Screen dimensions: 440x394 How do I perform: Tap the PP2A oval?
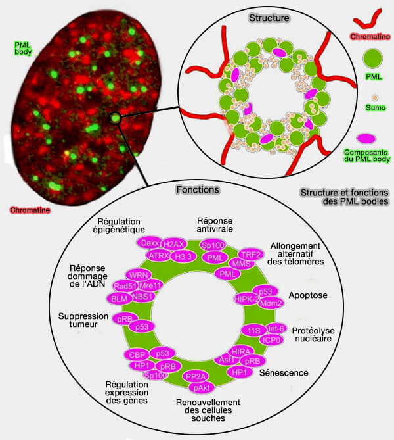click(x=197, y=376)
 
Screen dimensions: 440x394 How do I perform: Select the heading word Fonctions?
click(x=198, y=189)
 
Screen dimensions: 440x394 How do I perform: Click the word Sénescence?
click(x=284, y=372)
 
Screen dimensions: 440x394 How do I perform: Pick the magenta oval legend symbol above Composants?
click(x=366, y=139)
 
